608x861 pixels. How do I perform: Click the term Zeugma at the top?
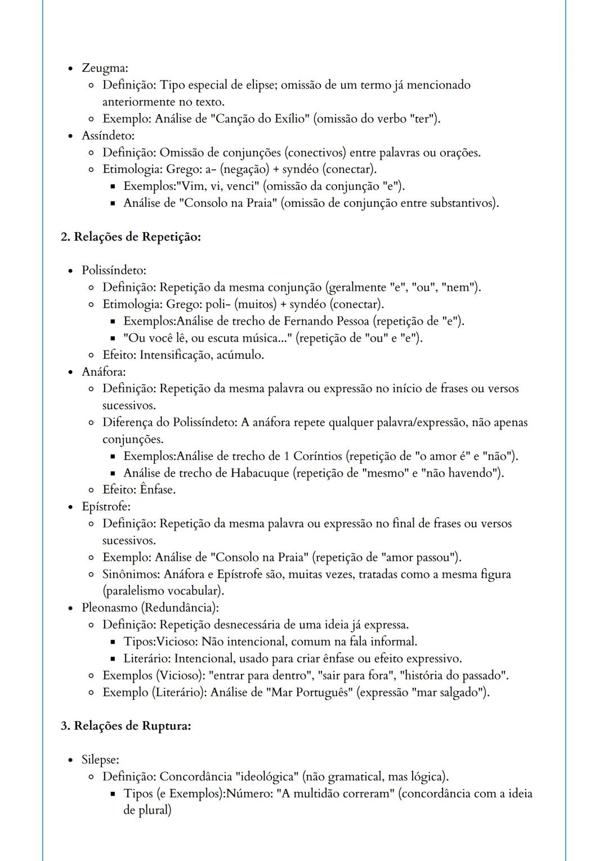tap(105, 68)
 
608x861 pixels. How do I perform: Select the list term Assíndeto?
tap(108, 136)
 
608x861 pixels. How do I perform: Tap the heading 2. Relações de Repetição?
tap(131, 237)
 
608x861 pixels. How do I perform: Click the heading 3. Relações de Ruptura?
tap(126, 726)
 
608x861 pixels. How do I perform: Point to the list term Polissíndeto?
tap(114, 270)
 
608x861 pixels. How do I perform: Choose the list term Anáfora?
tap(104, 372)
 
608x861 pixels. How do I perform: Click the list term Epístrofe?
tap(106, 507)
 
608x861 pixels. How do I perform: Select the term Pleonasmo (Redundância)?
tap(150, 608)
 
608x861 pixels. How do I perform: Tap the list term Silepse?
tap(100, 760)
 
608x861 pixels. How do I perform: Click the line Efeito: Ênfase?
tap(139, 490)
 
